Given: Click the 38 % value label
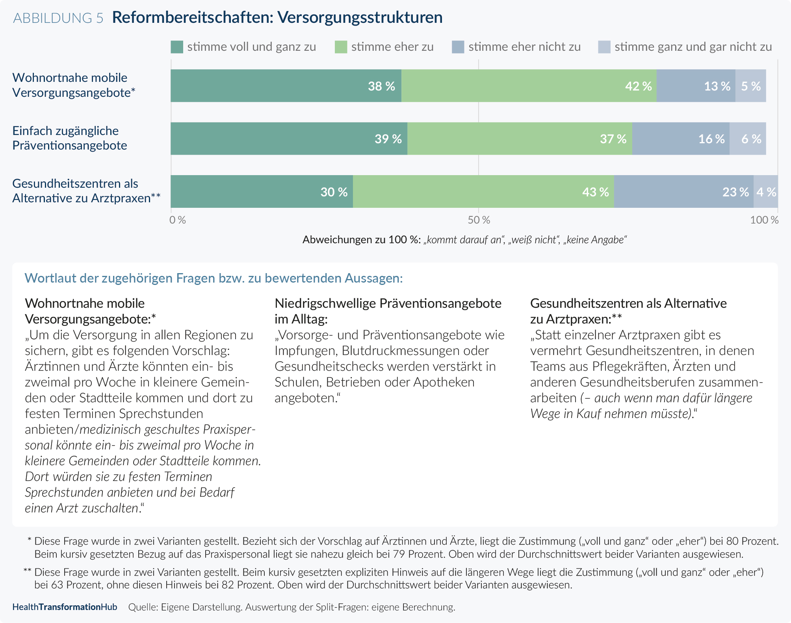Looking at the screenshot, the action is pyautogui.click(x=381, y=86).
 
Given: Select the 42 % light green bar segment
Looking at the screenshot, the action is pyautogui.click(x=529, y=86).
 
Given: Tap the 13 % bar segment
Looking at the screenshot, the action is pyautogui.click(x=696, y=86).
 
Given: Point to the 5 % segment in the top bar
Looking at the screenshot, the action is pyautogui.click(x=751, y=86).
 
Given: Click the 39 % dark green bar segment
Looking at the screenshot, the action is pyautogui.click(x=289, y=139).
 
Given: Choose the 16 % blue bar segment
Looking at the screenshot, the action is pyautogui.click(x=681, y=139).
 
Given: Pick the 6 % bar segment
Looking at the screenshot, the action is pyautogui.click(x=748, y=139).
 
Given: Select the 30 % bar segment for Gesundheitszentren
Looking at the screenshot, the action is pyautogui.click(x=262, y=191).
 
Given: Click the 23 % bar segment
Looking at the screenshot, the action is pyautogui.click(x=684, y=191).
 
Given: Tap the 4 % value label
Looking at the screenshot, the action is pyautogui.click(x=766, y=192).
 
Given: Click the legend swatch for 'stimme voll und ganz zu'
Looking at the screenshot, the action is pyautogui.click(x=177, y=47).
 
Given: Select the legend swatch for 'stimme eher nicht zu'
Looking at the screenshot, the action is pyautogui.click(x=458, y=47).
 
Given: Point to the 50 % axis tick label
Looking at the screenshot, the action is pyautogui.click(x=479, y=220).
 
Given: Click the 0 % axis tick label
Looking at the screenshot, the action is pyautogui.click(x=177, y=220).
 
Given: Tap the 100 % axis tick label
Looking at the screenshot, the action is pyautogui.click(x=764, y=220).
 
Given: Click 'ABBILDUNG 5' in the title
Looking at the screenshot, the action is pyautogui.click(x=58, y=18).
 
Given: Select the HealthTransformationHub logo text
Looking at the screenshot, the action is pyautogui.click(x=65, y=607).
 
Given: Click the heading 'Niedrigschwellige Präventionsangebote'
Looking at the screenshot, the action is pyautogui.click(x=388, y=303).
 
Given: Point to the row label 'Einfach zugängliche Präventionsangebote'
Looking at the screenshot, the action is pyautogui.click(x=70, y=138).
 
